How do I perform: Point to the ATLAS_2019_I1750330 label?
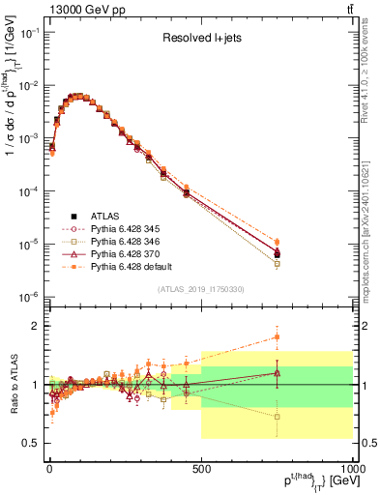click(x=201, y=289)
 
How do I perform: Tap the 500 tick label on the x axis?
click(x=201, y=469)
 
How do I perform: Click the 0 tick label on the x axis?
click(x=49, y=469)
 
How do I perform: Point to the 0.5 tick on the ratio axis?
click(x=32, y=443)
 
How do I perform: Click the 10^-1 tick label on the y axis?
click(x=30, y=32)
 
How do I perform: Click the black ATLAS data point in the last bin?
click(x=278, y=254)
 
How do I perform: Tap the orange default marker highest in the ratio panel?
click(x=278, y=337)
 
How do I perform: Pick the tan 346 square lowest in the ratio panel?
click(x=278, y=417)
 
